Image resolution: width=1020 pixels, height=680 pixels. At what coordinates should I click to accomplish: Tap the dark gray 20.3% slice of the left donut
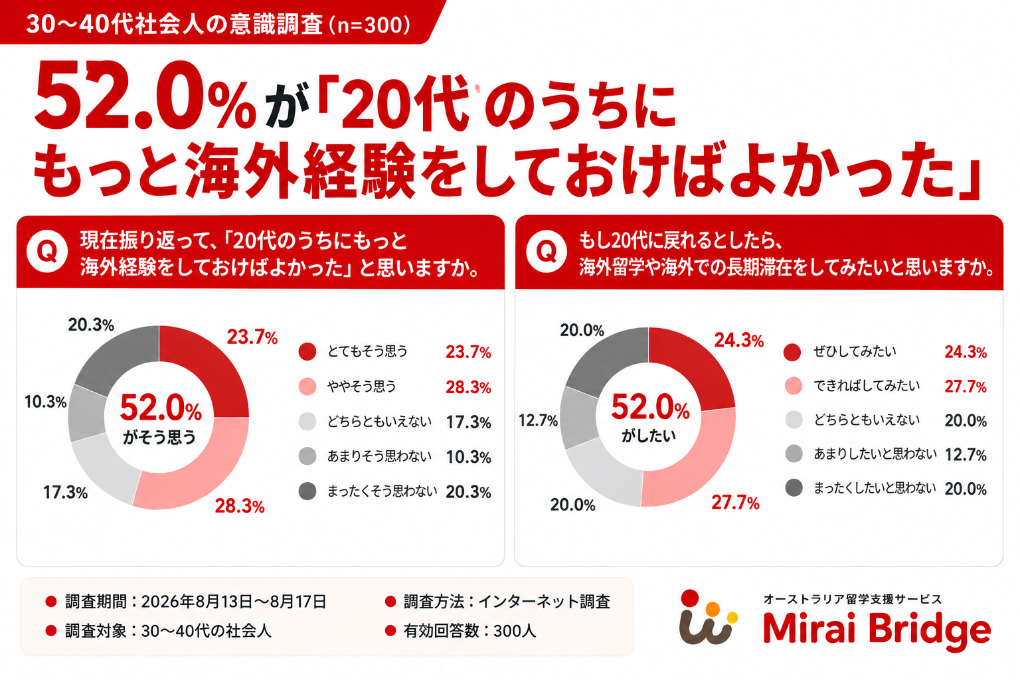118,360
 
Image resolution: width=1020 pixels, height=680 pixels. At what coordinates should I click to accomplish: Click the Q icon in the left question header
47,251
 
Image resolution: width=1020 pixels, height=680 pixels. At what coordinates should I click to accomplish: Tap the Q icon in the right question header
546,252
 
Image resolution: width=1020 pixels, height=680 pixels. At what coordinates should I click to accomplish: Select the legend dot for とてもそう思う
307,351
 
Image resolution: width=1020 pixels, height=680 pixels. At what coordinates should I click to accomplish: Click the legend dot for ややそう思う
307,386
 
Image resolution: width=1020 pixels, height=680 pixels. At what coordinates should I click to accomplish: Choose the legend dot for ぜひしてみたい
792,352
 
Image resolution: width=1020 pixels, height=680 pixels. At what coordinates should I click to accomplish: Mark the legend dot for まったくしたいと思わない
794,488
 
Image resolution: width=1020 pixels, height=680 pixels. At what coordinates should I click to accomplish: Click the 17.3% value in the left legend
468,422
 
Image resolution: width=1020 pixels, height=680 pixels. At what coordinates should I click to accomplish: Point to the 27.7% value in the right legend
966,386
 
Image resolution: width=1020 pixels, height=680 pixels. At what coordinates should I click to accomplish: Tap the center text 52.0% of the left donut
161,408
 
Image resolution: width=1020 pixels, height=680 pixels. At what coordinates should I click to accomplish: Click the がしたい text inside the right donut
648,436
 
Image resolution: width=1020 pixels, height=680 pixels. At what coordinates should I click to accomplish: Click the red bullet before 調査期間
50,602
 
